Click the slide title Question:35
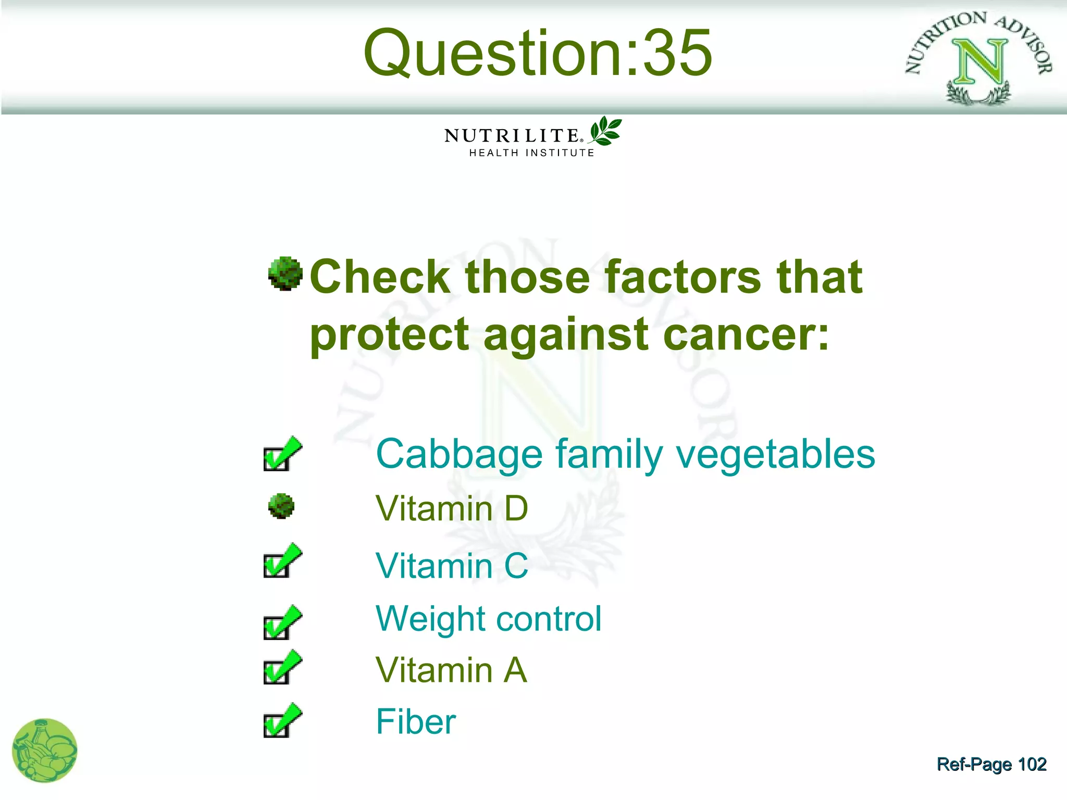[538, 53]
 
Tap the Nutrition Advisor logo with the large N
[978, 58]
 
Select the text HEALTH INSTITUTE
[531, 153]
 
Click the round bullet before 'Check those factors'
[285, 273]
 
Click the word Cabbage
[458, 454]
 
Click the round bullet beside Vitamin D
[281, 506]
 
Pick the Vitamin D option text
[452, 508]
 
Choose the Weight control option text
[488, 619]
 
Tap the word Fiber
[416, 722]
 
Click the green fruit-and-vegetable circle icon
[45, 751]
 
